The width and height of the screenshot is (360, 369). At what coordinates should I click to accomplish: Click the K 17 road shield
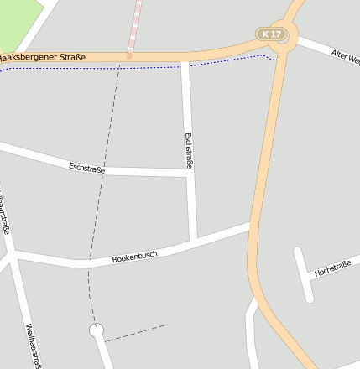tap(269, 34)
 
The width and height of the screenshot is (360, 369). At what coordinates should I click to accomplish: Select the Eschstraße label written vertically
tap(189, 151)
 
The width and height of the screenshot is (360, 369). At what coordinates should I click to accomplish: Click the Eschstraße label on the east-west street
tap(87, 169)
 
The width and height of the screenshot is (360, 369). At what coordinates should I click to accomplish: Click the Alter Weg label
tap(344, 58)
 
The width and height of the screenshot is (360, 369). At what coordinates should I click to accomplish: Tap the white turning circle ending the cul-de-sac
tap(97, 330)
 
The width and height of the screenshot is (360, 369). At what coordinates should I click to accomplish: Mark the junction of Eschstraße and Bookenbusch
tap(193, 242)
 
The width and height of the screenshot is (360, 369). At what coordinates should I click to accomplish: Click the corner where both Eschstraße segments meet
tap(190, 174)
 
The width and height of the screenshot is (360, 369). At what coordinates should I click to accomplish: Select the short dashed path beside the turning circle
tap(134, 333)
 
